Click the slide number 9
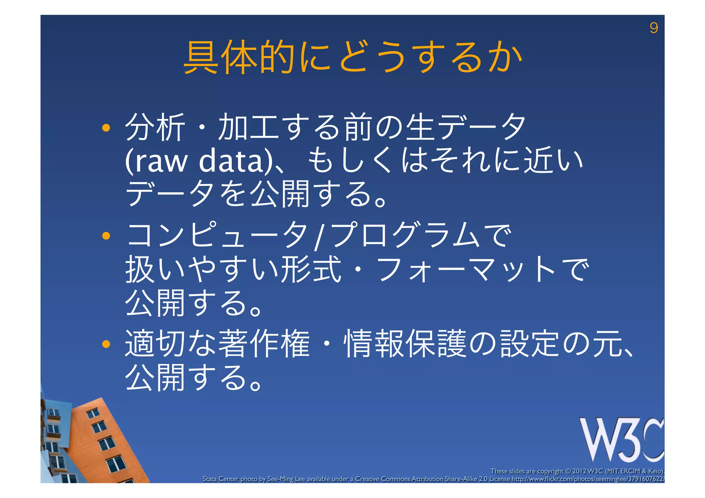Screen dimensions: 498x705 tap(653, 28)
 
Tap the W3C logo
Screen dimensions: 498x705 tap(622, 440)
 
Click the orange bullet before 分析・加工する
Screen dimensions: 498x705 tap(106, 128)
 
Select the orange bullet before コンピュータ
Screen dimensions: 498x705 tap(106, 236)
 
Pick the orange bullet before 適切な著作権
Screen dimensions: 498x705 tap(106, 344)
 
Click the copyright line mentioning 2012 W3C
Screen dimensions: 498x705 tap(577, 471)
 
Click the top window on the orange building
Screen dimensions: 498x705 tap(93, 413)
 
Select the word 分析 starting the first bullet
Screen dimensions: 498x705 tap(155, 127)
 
